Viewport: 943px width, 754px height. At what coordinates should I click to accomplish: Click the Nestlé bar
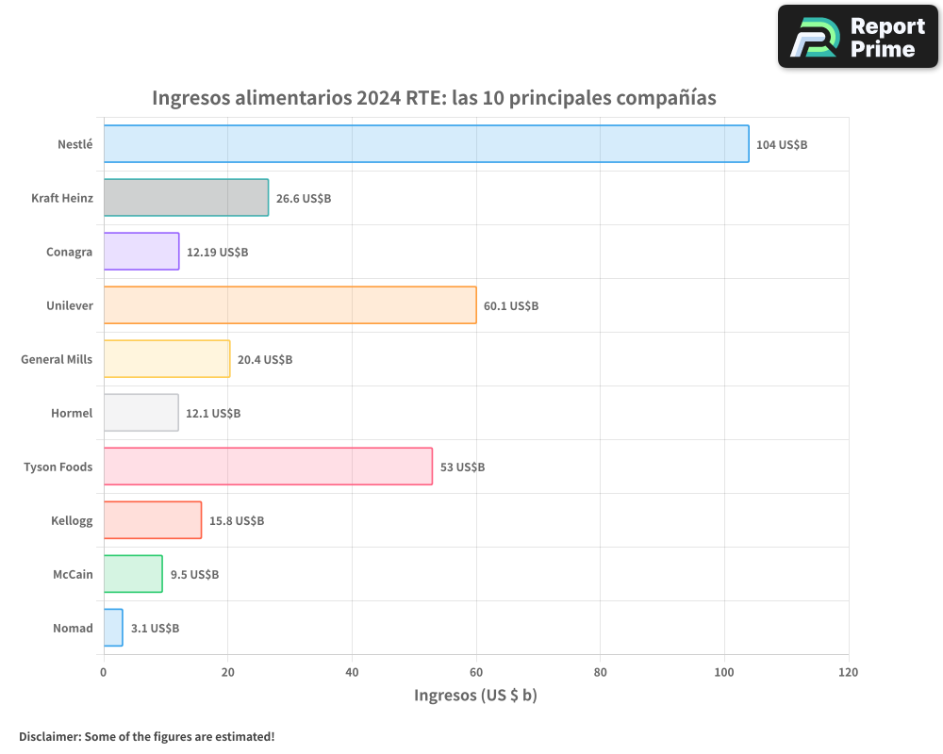(x=425, y=144)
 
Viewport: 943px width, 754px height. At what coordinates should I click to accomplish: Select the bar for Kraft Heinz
(x=186, y=198)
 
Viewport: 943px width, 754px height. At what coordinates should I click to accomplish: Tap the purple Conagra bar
(x=141, y=252)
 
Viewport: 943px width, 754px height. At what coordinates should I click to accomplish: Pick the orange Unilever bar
(x=290, y=305)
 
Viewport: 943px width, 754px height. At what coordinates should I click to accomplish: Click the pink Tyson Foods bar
(x=268, y=467)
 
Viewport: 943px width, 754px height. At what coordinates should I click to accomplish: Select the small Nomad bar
(x=113, y=628)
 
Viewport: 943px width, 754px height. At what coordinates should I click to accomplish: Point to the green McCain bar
(x=133, y=574)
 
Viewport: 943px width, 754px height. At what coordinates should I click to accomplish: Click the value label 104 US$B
(x=782, y=145)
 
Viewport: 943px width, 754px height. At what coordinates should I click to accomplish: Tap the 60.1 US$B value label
(x=511, y=306)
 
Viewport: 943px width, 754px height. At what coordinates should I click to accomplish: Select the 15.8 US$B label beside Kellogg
(x=237, y=521)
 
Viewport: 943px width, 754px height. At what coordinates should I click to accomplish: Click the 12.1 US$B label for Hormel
(x=213, y=414)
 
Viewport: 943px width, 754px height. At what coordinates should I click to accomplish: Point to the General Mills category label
(x=57, y=359)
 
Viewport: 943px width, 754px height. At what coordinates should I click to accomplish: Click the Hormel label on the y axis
(x=72, y=413)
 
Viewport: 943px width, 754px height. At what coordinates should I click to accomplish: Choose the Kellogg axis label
(x=72, y=520)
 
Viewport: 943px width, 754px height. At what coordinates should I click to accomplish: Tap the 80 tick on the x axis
(x=600, y=673)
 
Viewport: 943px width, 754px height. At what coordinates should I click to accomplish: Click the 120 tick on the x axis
(x=848, y=673)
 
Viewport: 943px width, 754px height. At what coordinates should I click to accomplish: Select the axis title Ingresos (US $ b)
(x=475, y=696)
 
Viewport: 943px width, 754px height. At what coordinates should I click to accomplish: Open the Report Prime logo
(x=857, y=37)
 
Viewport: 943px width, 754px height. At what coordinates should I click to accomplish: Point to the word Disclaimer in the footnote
(x=48, y=736)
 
